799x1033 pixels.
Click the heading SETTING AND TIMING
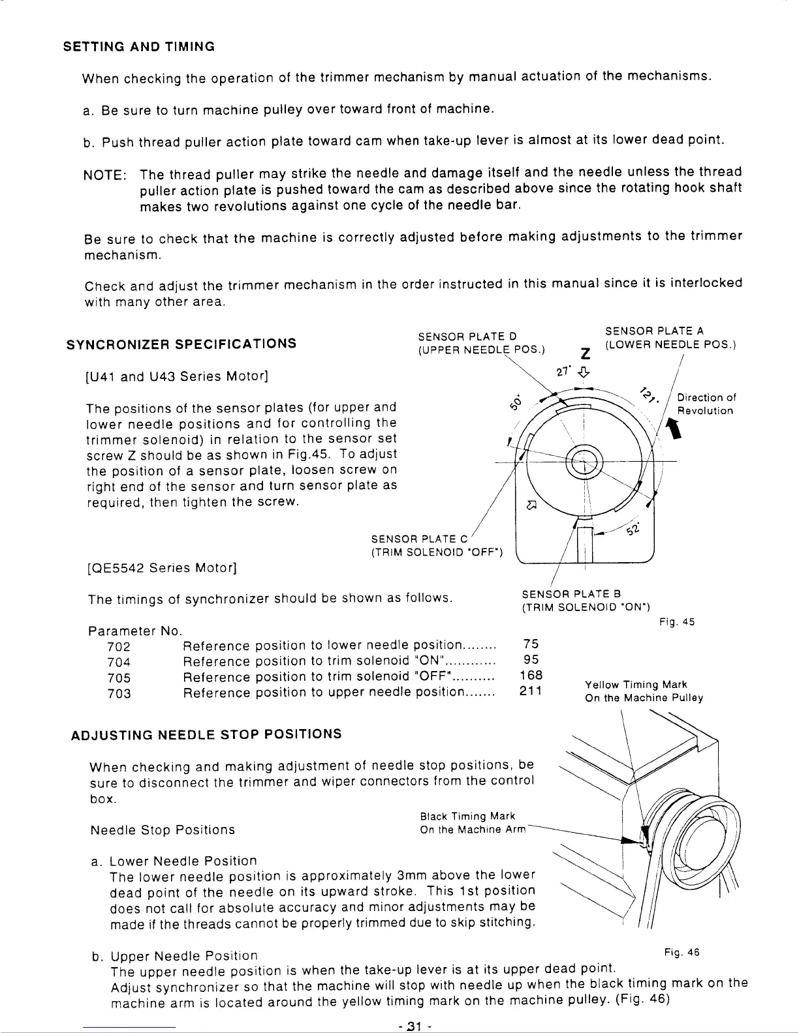[x=138, y=47]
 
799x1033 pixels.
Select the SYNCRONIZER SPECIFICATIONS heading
[x=181, y=344]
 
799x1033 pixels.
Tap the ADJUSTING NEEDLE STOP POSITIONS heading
[x=206, y=734]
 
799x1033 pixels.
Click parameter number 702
[x=118, y=647]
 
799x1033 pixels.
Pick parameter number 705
[x=118, y=678]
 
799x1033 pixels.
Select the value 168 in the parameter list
[x=531, y=676]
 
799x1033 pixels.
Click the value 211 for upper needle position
[x=531, y=691]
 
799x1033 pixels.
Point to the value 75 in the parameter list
[x=531, y=644]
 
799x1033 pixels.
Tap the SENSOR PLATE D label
[x=467, y=337]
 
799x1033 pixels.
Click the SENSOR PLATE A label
[x=654, y=331]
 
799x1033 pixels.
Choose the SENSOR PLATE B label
[x=571, y=594]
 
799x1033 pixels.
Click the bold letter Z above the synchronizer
[x=586, y=353]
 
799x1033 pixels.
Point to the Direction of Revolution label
[x=706, y=404]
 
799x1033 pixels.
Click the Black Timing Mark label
[x=467, y=816]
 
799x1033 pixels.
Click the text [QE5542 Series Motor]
[x=161, y=568]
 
